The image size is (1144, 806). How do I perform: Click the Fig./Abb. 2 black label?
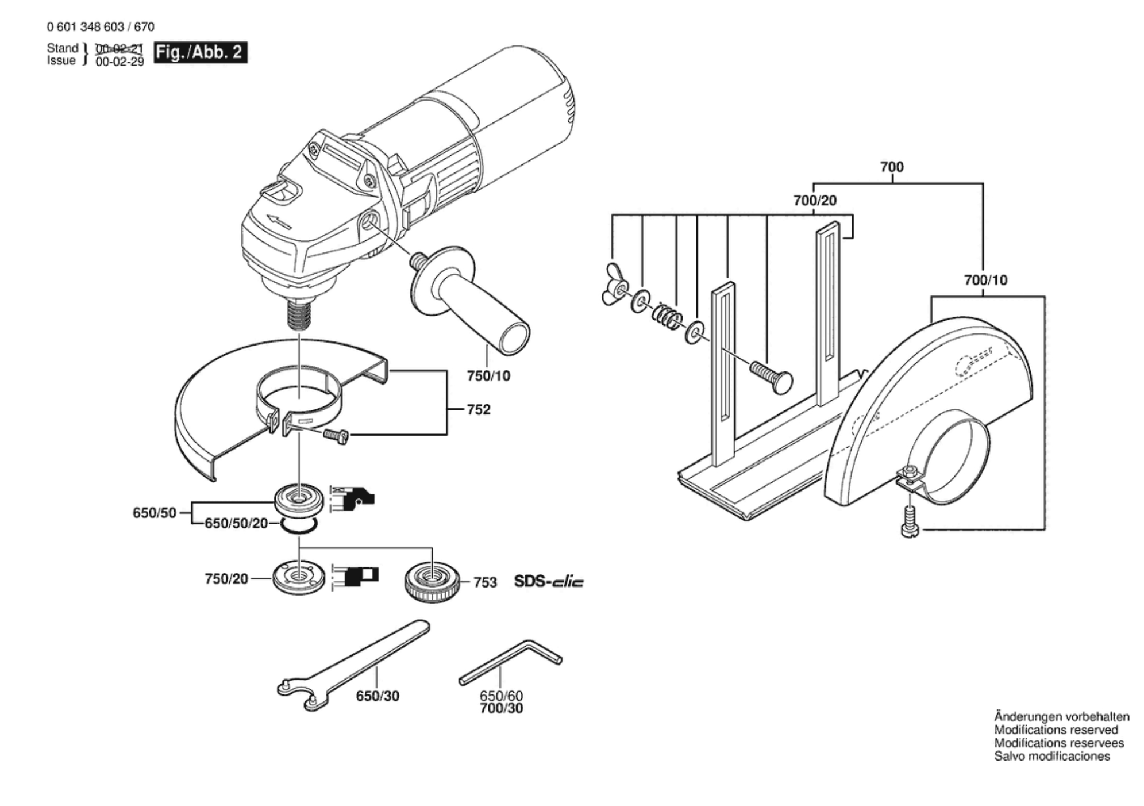[201, 52]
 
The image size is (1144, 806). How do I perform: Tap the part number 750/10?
[488, 376]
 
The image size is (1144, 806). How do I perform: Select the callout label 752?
[479, 409]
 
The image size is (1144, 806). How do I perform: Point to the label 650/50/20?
[236, 524]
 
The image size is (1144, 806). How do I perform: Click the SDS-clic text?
[549, 582]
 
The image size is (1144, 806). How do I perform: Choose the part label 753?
[485, 582]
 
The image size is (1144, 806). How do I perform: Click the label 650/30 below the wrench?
[378, 696]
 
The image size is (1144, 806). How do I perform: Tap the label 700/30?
[502, 709]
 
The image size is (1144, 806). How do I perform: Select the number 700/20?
[815, 201]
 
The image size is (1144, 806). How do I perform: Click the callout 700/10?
[985, 280]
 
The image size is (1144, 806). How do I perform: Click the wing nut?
[614, 284]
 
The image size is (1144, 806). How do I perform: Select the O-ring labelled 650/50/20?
[299, 525]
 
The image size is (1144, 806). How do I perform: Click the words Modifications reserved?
[1056, 730]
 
